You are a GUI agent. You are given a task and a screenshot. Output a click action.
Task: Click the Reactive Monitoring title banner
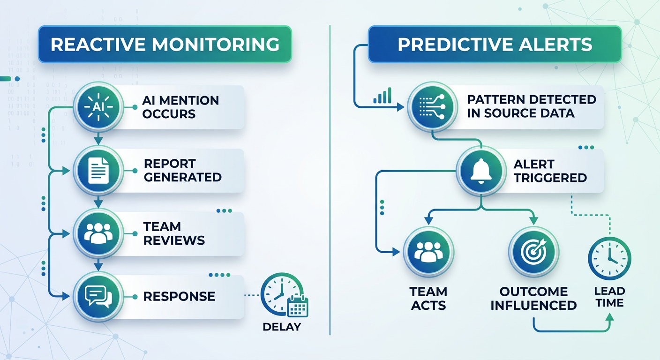165,44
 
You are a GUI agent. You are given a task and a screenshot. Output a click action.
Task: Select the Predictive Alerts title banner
495,44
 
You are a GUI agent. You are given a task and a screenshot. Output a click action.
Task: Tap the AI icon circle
98,107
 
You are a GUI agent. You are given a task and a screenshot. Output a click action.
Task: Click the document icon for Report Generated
98,171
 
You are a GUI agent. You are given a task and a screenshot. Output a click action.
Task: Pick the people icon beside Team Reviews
98,233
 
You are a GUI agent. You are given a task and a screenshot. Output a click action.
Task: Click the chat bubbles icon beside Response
98,297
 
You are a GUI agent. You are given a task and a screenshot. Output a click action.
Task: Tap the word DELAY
282,327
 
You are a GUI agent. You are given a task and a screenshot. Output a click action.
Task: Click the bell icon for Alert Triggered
481,171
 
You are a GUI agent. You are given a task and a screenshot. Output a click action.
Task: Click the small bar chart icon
382,97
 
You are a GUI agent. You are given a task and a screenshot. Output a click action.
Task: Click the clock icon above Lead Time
609,258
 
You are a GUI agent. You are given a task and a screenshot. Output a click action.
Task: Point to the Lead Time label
609,297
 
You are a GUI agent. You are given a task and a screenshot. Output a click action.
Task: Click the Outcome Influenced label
533,299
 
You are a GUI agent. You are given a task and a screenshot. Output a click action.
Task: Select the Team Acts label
428,299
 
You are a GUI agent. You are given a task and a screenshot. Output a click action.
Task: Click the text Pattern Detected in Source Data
531,106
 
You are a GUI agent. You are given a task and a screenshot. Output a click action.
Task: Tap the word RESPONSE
179,296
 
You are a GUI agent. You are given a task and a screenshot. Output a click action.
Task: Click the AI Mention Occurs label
180,107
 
